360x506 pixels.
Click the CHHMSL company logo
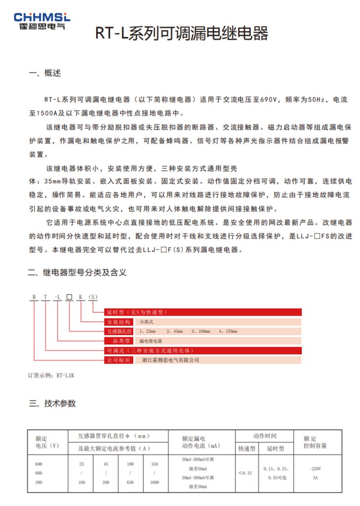42,21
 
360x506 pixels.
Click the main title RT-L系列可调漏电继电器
181,34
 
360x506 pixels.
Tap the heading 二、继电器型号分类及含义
77,272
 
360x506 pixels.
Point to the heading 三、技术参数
52,403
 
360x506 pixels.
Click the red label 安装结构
118,322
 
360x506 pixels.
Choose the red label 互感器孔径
118,331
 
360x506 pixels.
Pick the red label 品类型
118,341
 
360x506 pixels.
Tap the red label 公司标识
118,360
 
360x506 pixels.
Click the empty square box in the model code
70,298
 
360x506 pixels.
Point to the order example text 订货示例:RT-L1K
51,376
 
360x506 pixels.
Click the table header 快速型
247,449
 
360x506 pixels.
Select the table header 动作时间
264,436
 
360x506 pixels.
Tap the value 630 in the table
131,482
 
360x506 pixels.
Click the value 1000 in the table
155,482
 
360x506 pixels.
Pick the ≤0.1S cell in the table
247,473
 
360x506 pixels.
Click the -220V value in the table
315,469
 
